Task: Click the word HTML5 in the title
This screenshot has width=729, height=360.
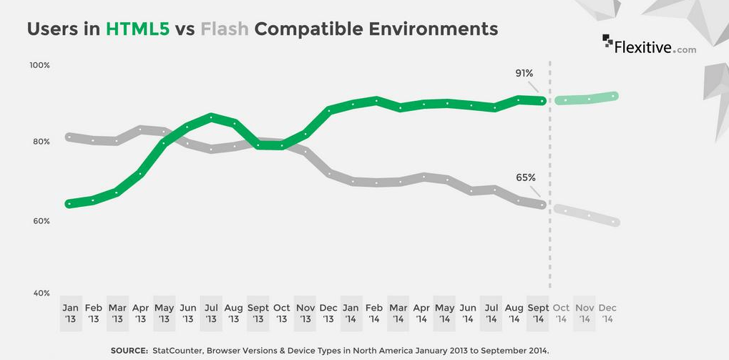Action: coord(138,29)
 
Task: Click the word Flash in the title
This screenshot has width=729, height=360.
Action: coord(225,29)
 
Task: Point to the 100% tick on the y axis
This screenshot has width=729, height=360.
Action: coord(39,65)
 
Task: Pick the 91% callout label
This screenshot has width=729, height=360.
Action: coord(524,73)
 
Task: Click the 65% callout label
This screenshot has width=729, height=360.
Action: coord(525,177)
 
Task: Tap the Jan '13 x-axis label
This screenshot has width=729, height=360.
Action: coord(70,313)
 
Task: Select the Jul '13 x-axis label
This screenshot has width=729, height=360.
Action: coord(210,313)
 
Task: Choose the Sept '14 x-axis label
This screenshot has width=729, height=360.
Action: coord(537,313)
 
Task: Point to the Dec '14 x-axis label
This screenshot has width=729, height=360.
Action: coord(607,313)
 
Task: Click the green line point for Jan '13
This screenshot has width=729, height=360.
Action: coord(69,203)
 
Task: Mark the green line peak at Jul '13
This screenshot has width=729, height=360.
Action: coord(210,117)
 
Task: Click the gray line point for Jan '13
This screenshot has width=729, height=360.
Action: coord(69,137)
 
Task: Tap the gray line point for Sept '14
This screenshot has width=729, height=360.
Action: coord(542,205)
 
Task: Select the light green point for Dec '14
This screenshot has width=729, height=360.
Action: coord(614,96)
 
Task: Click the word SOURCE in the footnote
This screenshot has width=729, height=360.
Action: coord(129,350)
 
